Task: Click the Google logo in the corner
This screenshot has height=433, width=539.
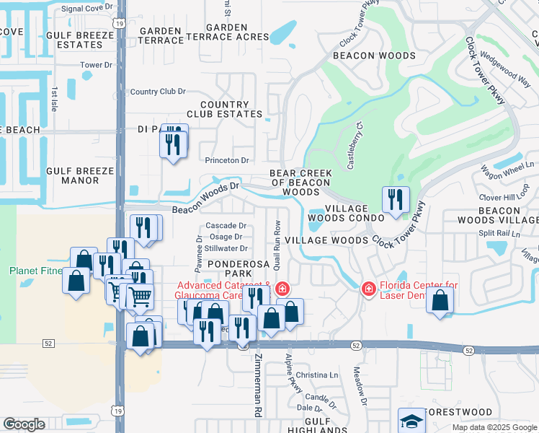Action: pos(24,424)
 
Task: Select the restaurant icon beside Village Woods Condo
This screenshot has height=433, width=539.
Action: pos(395,201)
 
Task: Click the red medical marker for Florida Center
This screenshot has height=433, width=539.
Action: pos(368,289)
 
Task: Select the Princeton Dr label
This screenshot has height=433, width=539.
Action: pos(227,160)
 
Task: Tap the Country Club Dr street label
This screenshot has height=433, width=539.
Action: pos(158,92)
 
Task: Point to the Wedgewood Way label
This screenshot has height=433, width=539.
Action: pos(505,67)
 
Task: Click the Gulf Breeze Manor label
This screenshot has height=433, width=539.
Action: pos(80,175)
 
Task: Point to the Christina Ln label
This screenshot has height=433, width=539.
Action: pos(316,375)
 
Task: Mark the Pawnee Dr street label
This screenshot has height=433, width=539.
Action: pos(199,249)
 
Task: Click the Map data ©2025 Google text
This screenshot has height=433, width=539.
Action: pos(494,427)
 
